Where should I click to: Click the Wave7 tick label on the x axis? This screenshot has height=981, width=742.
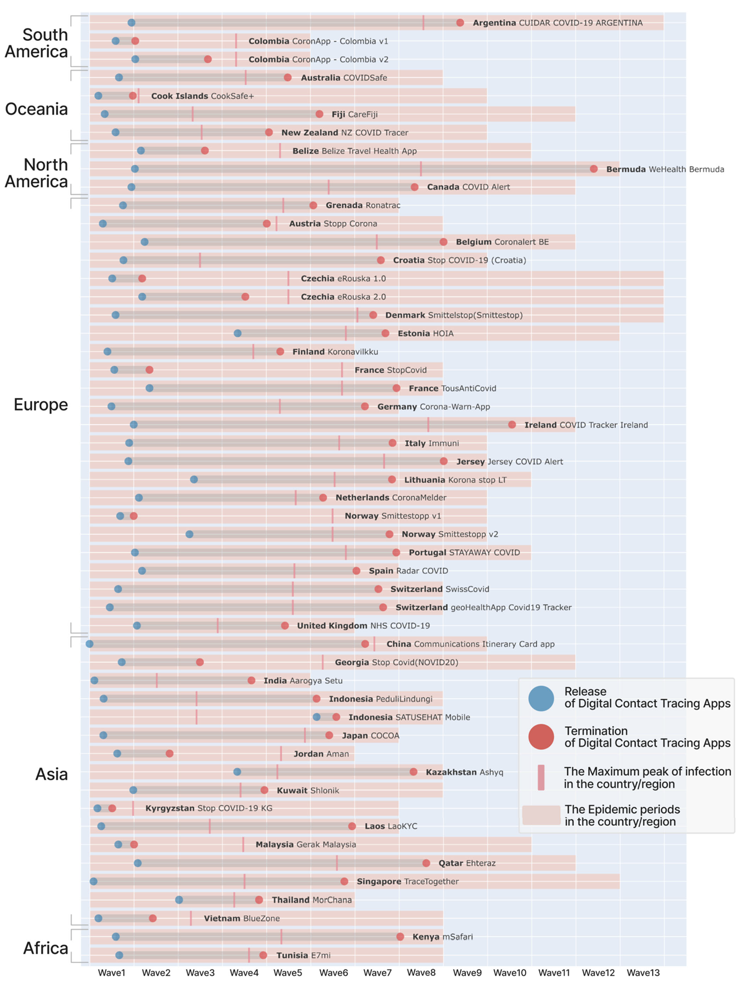[377, 973]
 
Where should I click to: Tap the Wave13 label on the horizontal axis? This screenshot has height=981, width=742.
[643, 973]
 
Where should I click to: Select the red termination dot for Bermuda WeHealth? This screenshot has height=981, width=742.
[594, 169]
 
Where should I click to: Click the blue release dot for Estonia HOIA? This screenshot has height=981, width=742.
[237, 333]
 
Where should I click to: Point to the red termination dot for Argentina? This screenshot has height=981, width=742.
[460, 23]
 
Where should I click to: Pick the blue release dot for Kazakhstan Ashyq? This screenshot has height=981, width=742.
[237, 772]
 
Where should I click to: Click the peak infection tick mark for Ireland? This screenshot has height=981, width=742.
[428, 424]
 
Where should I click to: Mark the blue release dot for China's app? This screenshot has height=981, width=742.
[89, 644]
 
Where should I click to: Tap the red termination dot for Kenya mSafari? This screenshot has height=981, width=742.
[400, 936]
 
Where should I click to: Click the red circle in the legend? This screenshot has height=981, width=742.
[541, 737]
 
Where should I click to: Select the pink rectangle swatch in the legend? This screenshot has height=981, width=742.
[541, 815]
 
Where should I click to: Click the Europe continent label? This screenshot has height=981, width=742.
[41, 404]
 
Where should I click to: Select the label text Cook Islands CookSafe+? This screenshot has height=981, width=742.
[203, 96]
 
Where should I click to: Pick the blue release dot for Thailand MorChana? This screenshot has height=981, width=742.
[179, 900]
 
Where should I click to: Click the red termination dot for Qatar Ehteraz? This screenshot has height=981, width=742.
[426, 863]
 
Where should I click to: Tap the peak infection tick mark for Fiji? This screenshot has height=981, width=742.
[193, 114]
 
